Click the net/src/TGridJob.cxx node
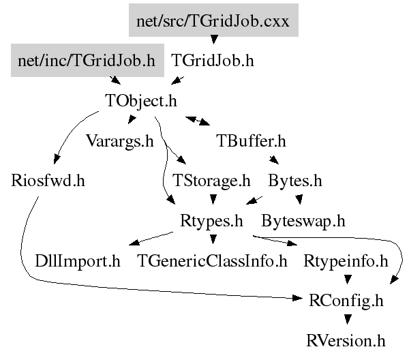point(213,20)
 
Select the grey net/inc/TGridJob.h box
point(87,60)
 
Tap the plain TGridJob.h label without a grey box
point(213,61)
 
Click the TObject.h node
point(141,101)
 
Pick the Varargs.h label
point(120,141)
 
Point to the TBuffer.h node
point(251,141)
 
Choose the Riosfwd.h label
point(48,181)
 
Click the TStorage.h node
point(211,181)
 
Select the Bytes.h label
point(295,181)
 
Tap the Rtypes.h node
point(211,221)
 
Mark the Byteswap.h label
point(303,221)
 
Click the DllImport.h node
point(78,261)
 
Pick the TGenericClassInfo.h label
point(212,261)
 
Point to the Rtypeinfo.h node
point(346,261)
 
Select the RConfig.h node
point(346,301)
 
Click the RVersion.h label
point(346,341)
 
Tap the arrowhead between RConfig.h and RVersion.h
point(347,319)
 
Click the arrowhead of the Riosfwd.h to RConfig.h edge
point(297,298)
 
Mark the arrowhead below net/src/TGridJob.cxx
point(214,40)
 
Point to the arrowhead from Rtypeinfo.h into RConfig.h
point(347,280)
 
